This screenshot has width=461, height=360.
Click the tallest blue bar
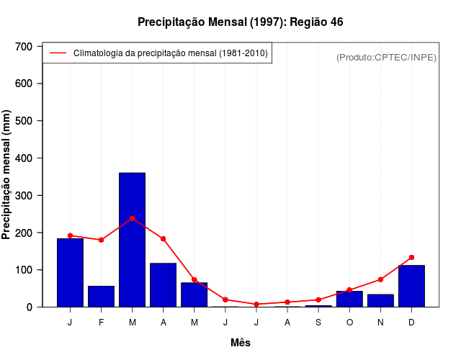pyautogui.click(x=132, y=240)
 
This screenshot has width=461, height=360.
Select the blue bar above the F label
pyautogui.click(x=101, y=297)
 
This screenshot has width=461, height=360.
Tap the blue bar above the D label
pyautogui.click(x=411, y=286)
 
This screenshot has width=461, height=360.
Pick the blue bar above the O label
pyautogui.click(x=349, y=299)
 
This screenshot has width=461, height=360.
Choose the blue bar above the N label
pyautogui.click(x=380, y=300)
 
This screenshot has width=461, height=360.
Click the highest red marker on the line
pyautogui.click(x=132, y=218)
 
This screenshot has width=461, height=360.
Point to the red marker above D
pyautogui.click(x=411, y=257)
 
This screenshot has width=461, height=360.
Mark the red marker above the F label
pyautogui.click(x=101, y=240)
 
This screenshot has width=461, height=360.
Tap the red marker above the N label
pyautogui.click(x=380, y=279)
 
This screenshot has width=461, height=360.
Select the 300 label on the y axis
pyautogui.click(x=24, y=195)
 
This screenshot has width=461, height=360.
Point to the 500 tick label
pyautogui.click(x=24, y=120)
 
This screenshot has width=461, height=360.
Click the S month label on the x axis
pyautogui.click(x=318, y=322)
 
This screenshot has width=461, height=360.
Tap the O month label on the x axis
pyautogui.click(x=349, y=322)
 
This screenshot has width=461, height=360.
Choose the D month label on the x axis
pyautogui.click(x=411, y=322)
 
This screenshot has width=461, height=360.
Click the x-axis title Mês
pyautogui.click(x=241, y=343)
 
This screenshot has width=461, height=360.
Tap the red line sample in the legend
pyautogui.click(x=58, y=53)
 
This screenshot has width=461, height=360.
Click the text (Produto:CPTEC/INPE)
pyautogui.click(x=386, y=57)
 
